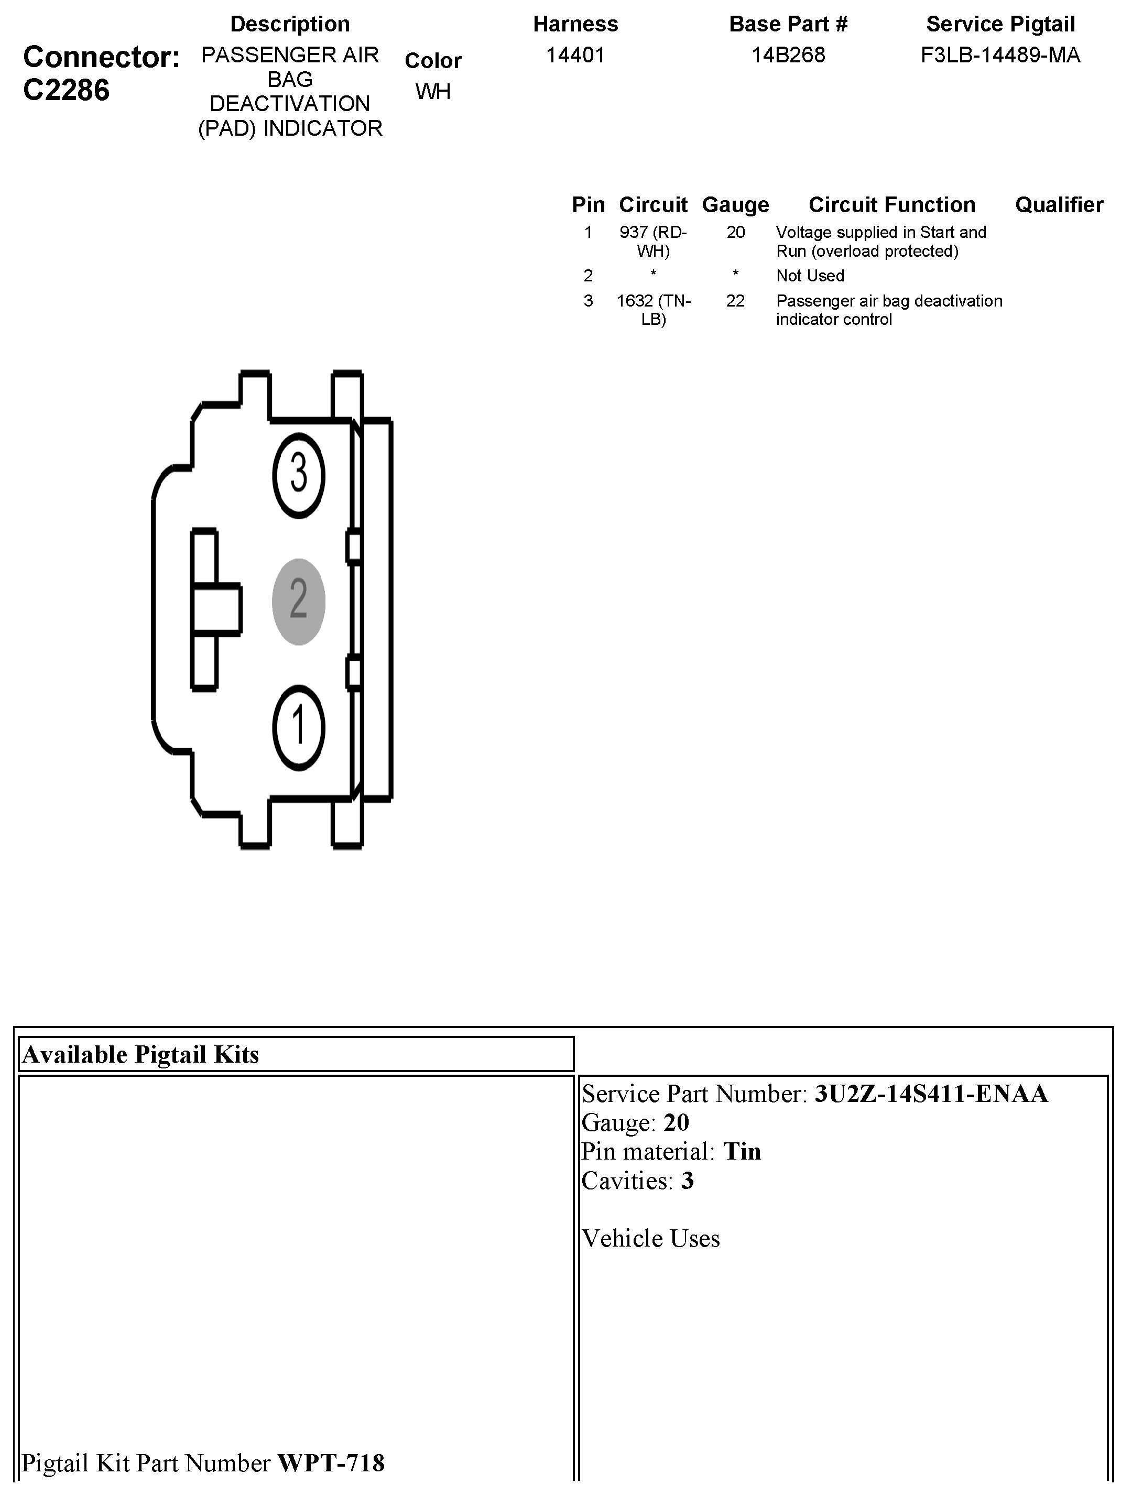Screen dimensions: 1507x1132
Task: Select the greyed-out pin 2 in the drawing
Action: pyautogui.click(x=299, y=601)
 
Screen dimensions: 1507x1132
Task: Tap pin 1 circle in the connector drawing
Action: pyautogui.click(x=299, y=727)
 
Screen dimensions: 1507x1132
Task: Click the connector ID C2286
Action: pyautogui.click(x=66, y=90)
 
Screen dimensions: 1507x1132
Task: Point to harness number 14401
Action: pyautogui.click(x=575, y=55)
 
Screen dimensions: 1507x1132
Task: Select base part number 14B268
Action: pyautogui.click(x=788, y=55)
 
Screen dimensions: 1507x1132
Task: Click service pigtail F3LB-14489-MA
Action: pyautogui.click(x=1000, y=55)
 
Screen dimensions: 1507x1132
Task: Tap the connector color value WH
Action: pyautogui.click(x=433, y=91)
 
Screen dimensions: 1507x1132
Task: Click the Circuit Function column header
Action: pyautogui.click(x=891, y=204)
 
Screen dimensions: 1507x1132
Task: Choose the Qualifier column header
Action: pyautogui.click(x=1059, y=204)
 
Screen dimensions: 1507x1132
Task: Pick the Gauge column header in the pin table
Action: pyautogui.click(x=735, y=204)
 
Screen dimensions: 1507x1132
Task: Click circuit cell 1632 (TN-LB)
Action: pyautogui.click(x=653, y=310)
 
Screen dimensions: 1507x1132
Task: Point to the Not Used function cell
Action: pyautogui.click(x=810, y=276)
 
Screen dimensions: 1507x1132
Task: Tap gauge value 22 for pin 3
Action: pyautogui.click(x=735, y=301)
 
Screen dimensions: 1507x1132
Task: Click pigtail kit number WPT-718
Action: pyautogui.click(x=331, y=1462)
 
